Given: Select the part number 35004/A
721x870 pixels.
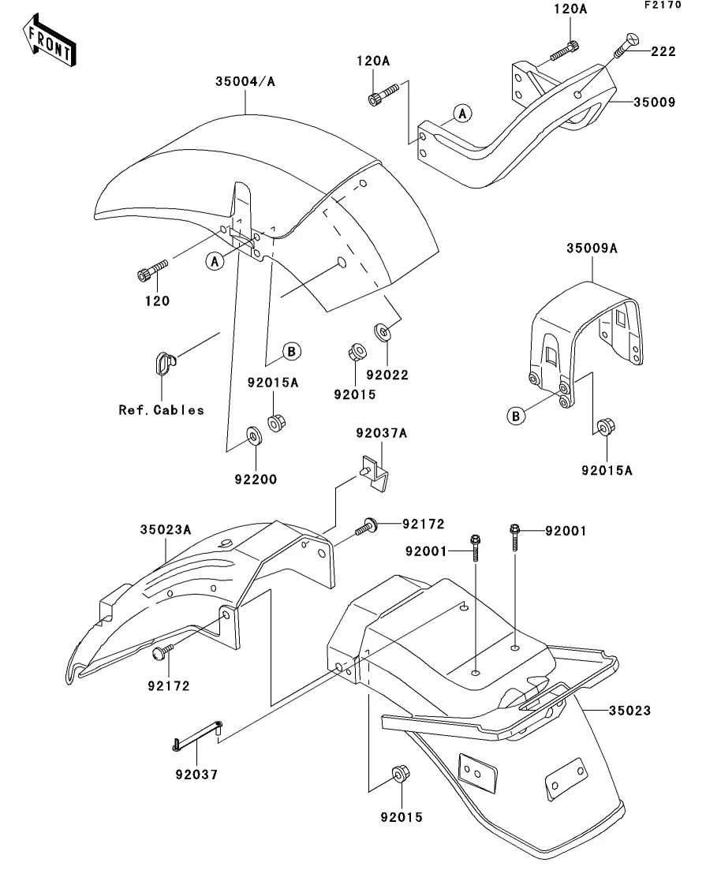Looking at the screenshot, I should coord(245,81).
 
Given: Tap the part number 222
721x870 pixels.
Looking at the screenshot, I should coord(663,52).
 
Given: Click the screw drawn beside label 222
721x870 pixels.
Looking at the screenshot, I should coord(626,44).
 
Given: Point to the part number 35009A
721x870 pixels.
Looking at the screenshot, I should coord(592,248).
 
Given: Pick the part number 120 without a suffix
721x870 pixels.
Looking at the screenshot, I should coord(156,301).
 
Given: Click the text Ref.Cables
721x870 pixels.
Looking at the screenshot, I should coord(161,409).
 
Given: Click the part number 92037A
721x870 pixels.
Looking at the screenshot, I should coord(381,433).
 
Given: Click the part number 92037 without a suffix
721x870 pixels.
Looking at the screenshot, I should coord(196,775).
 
